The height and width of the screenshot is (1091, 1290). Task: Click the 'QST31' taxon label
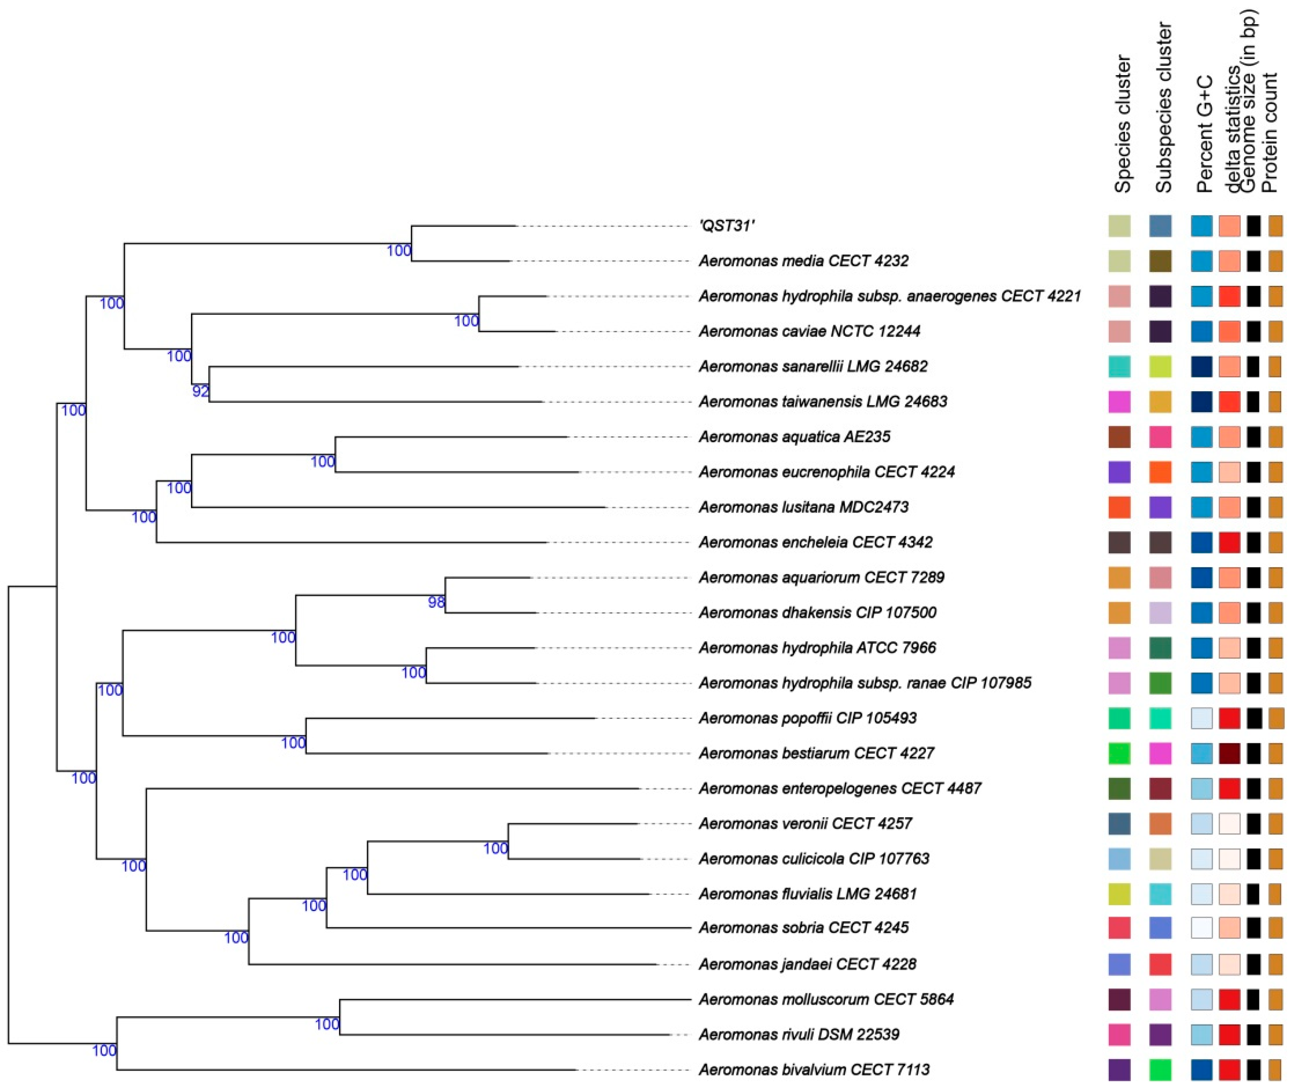pos(726,226)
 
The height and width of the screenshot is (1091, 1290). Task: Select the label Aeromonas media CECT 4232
pos(803,261)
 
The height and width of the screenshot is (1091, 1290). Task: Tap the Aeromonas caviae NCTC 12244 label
pos(809,331)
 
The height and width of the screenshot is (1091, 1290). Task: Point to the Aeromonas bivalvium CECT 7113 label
pos(814,1069)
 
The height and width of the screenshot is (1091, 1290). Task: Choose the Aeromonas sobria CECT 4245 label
pos(803,928)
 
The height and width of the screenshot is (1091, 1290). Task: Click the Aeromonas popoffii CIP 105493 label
pos(807,718)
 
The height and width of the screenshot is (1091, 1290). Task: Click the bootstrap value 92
pos(200,391)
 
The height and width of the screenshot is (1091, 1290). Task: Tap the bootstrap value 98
pos(436,603)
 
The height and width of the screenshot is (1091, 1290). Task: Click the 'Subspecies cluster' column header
pos(1163,108)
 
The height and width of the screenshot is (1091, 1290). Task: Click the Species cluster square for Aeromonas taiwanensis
pos(1119,402)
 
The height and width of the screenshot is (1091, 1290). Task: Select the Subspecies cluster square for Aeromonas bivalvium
pos(1160,1069)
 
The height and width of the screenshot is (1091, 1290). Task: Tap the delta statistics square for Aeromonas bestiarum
pos(1229,753)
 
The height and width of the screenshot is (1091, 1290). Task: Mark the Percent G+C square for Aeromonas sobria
pos(1202,928)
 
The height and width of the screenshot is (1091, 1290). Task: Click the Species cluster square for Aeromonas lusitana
pos(1119,507)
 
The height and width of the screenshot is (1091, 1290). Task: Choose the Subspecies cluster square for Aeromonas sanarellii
pos(1160,367)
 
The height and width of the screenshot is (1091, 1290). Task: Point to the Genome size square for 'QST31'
pos(1254,226)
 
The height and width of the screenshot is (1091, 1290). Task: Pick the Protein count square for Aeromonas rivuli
pos(1275,1034)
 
